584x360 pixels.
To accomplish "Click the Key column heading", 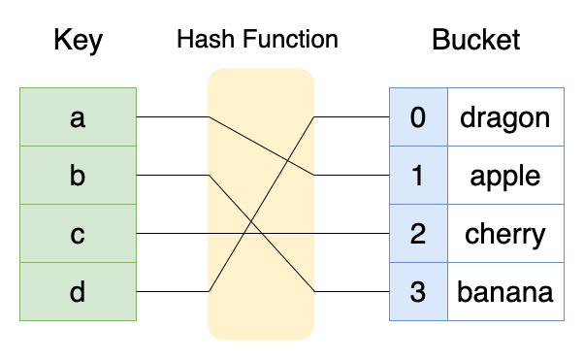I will point(78,41).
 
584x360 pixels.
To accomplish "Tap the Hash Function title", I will point(257,40).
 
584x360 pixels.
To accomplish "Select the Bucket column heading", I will point(475,41).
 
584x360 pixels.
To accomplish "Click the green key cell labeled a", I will point(78,117).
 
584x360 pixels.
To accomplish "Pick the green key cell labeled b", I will point(78,176).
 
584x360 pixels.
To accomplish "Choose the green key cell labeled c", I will point(78,234).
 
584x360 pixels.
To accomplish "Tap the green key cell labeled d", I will point(78,292).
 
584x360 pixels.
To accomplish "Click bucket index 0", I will point(418,117).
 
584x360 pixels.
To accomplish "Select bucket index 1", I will point(418,176).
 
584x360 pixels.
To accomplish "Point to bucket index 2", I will point(418,234).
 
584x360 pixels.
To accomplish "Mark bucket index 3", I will point(418,292).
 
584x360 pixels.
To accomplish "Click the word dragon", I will point(504,117).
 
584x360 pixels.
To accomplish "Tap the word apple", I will point(504,176).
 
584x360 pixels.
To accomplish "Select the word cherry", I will point(504,234).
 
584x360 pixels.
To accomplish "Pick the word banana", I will point(504,292).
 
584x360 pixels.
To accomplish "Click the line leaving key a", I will point(170,117).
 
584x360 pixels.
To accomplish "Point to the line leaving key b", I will point(170,176).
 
